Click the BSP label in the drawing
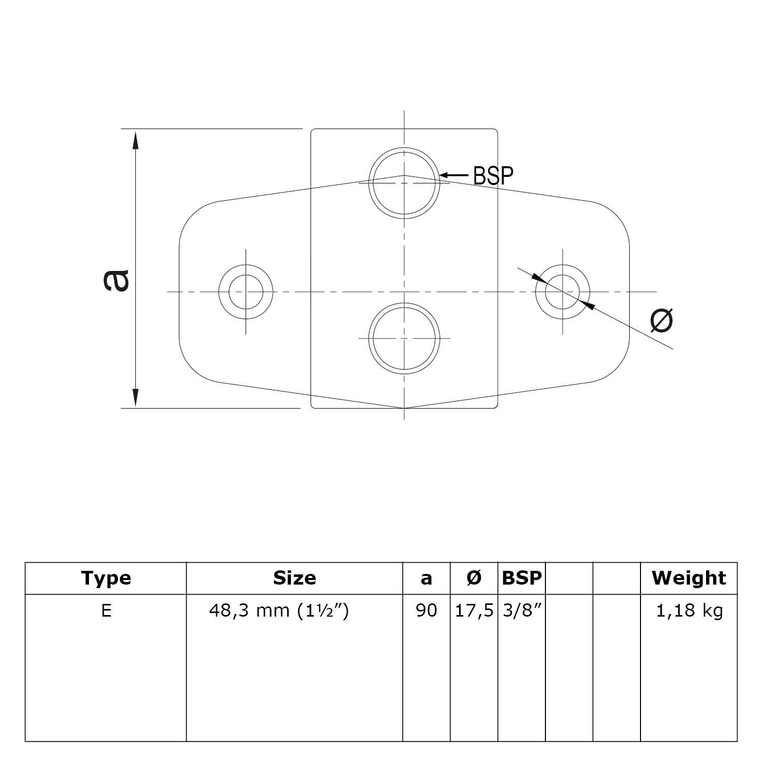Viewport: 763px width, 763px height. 493,175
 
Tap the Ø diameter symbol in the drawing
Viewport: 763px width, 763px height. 662,321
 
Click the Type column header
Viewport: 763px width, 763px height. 106,578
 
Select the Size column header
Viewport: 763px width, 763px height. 294,578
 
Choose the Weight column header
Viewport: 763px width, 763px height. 689,578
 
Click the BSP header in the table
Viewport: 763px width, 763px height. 522,578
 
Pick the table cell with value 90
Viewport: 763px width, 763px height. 426,611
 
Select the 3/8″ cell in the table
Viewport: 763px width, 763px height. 520,611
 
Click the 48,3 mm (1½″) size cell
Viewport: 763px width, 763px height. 279,611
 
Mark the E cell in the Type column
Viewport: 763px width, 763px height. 106,611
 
